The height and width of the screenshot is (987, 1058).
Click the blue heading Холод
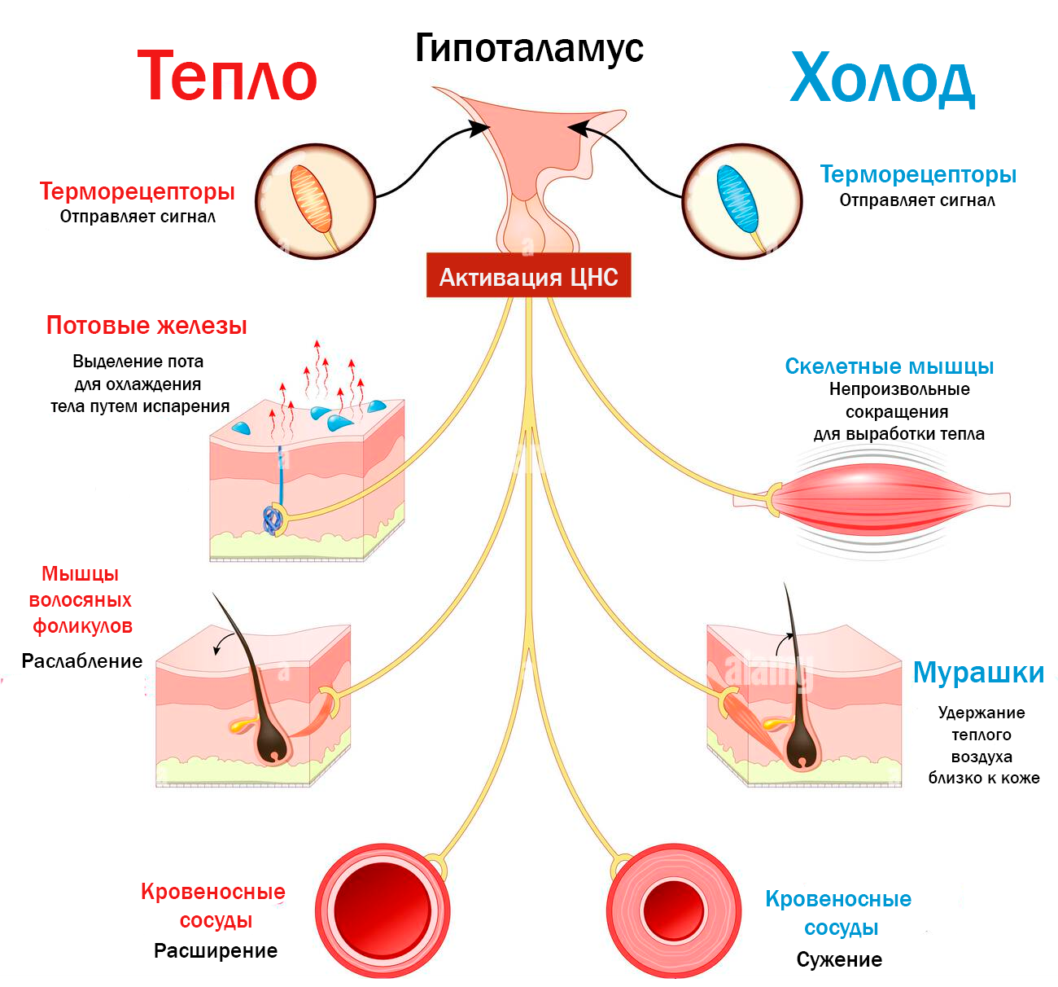point(882,79)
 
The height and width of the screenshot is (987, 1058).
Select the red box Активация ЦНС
point(529,277)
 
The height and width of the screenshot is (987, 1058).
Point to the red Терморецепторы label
point(137,191)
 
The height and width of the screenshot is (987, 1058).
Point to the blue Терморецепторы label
point(918,174)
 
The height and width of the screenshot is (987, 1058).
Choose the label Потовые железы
point(146,326)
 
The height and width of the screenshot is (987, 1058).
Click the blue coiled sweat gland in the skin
point(271,519)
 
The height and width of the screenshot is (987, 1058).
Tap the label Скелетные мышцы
point(889,366)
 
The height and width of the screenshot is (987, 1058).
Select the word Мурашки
point(978,673)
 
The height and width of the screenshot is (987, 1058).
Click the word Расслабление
point(82,661)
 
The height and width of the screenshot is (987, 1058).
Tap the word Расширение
point(216,950)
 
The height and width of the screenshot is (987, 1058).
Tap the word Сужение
point(839,959)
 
